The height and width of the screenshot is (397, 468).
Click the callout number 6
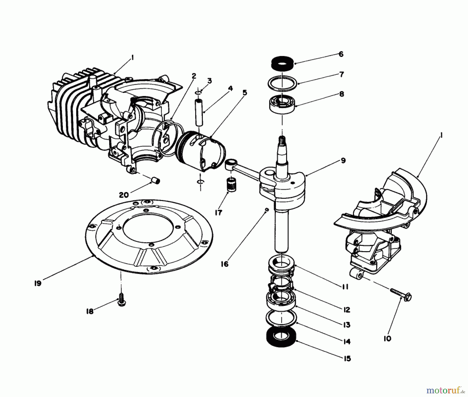point(341,54)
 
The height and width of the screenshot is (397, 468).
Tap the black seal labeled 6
point(282,63)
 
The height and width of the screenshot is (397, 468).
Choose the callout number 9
point(343,161)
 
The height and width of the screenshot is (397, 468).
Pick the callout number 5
point(244,93)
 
